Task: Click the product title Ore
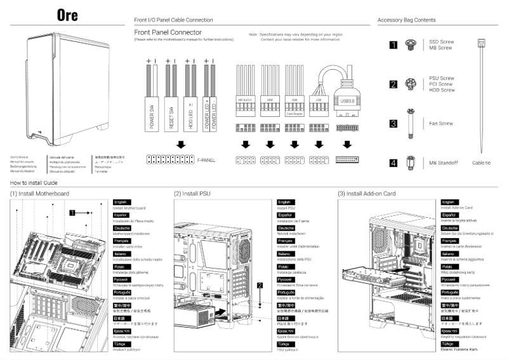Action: (67, 16)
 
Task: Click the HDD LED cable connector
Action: (190, 108)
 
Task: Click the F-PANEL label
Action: (206, 160)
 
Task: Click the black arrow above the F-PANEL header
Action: (182, 144)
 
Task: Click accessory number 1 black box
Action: (393, 44)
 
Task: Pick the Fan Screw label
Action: (440, 123)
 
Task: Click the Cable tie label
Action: (481, 163)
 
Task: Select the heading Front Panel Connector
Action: (168, 32)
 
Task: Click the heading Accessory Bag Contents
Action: (406, 20)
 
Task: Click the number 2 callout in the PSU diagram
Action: (259, 286)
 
